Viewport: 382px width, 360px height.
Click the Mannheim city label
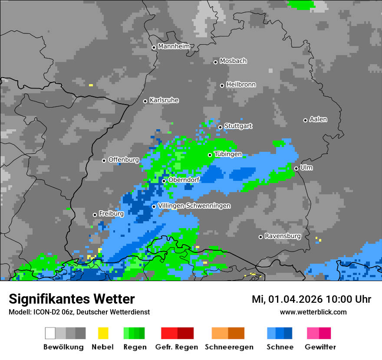[174, 46]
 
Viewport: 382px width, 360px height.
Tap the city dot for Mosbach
[215, 62]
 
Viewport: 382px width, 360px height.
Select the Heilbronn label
[241, 85]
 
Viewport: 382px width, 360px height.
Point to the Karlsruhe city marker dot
[145, 101]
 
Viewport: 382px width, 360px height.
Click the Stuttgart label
[238, 126]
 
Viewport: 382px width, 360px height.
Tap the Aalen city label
[318, 119]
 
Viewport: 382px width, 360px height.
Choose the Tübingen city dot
[210, 155]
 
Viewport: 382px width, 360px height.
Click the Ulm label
[306, 167]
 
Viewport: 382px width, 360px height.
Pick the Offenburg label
[124, 160]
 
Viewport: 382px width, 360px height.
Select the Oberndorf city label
[184, 180]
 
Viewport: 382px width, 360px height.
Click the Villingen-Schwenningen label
[194, 206]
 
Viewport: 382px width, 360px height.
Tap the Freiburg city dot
[95, 215]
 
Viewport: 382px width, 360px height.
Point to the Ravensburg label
[283, 236]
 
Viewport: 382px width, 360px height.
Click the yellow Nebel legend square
[103, 333]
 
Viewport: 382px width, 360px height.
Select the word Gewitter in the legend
[320, 347]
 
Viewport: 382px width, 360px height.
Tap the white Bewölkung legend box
[50, 333]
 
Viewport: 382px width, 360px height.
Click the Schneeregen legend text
[229, 347]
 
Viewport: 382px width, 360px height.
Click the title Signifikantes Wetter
[72, 299]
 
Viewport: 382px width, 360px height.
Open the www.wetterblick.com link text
[313, 312]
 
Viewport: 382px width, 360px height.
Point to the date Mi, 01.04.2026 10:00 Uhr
[311, 299]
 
